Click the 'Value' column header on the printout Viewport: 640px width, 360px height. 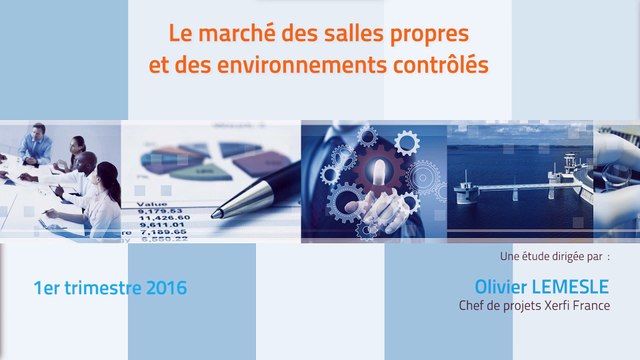pos(148,200)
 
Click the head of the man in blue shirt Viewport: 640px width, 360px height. pos(37,133)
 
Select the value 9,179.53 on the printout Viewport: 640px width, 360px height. pos(157,209)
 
